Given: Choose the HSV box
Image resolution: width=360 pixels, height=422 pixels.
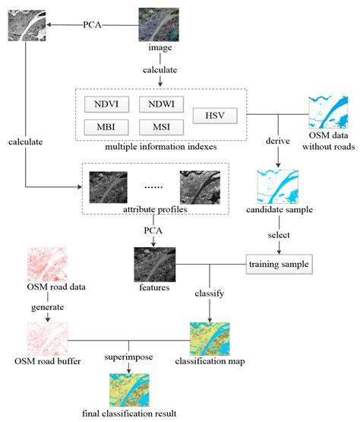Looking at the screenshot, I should (x=213, y=116).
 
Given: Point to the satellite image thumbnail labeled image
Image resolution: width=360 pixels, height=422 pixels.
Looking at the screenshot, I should (x=159, y=24).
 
